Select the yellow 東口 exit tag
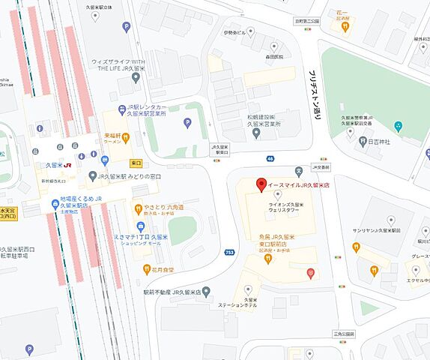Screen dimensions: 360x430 pos(136,162)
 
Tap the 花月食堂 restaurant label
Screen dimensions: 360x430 pos(163,268)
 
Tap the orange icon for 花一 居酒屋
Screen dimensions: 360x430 pos(345,26)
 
